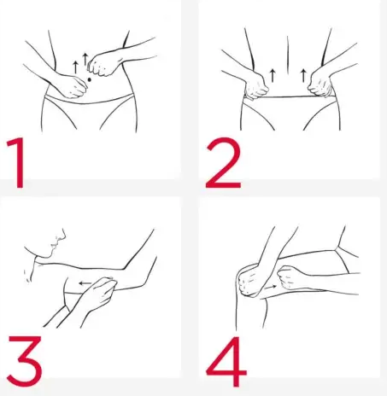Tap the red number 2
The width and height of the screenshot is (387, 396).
pos(224,163)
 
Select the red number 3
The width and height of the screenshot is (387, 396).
pos(25,360)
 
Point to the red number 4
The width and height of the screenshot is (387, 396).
pos(226,361)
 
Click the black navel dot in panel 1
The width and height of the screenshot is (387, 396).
pos(89,79)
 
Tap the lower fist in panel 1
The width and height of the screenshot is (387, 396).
pos(73,87)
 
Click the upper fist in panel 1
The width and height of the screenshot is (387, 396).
pos(102,65)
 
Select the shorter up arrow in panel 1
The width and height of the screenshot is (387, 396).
pos(75,67)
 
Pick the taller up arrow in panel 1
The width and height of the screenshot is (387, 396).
pos(85,59)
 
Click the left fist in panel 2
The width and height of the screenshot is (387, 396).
pos(256,86)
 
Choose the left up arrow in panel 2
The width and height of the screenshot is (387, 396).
pos(273,75)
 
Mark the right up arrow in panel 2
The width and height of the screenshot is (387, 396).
pos(303,75)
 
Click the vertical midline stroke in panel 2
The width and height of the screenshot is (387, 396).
pos(288,55)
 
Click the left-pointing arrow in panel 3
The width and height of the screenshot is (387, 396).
pos(85,283)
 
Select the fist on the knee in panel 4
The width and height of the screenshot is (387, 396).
pos(250,282)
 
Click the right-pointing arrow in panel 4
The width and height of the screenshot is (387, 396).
pos(270,288)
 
